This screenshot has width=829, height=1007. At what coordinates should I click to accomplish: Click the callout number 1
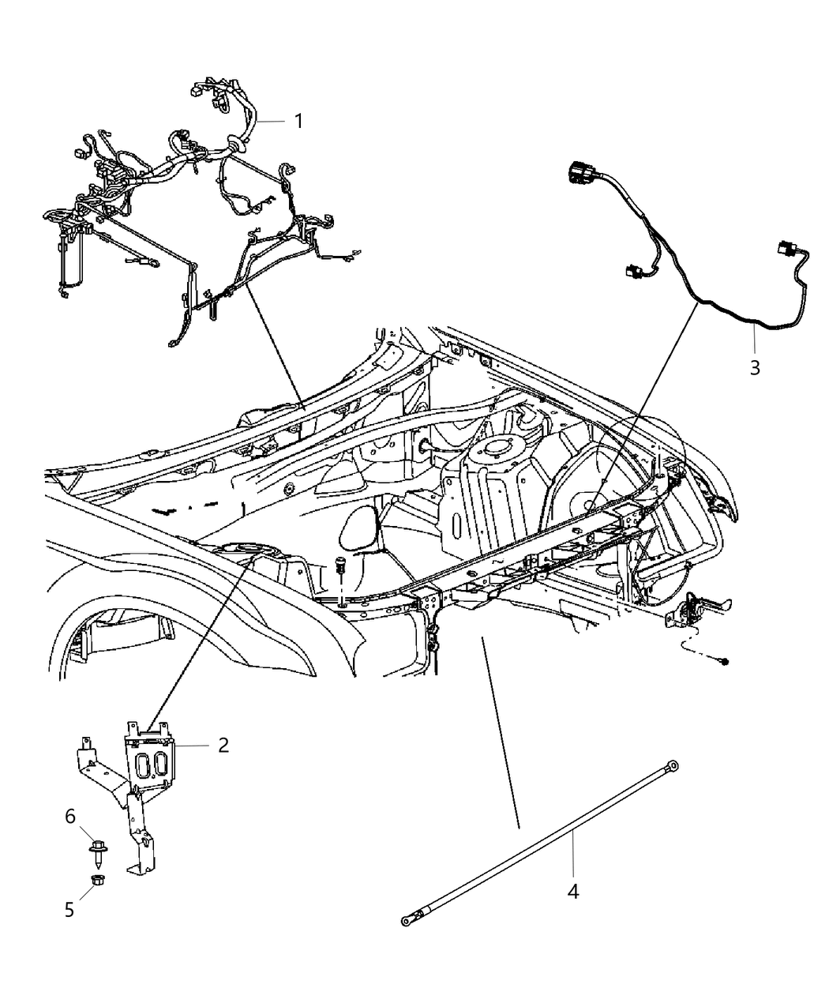point(298,121)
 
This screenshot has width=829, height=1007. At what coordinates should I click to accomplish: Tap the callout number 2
point(223,745)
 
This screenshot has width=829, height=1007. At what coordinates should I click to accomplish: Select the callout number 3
point(755,367)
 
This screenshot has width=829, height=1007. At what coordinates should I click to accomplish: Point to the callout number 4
point(573,892)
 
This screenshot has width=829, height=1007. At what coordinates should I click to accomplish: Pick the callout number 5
point(69,909)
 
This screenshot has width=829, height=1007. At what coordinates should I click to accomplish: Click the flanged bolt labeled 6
point(96,853)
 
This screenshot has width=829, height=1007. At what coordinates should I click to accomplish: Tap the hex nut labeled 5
point(96,879)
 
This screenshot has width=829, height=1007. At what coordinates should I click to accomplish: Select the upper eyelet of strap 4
point(672,764)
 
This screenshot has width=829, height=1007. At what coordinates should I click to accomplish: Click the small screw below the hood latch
point(724,659)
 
